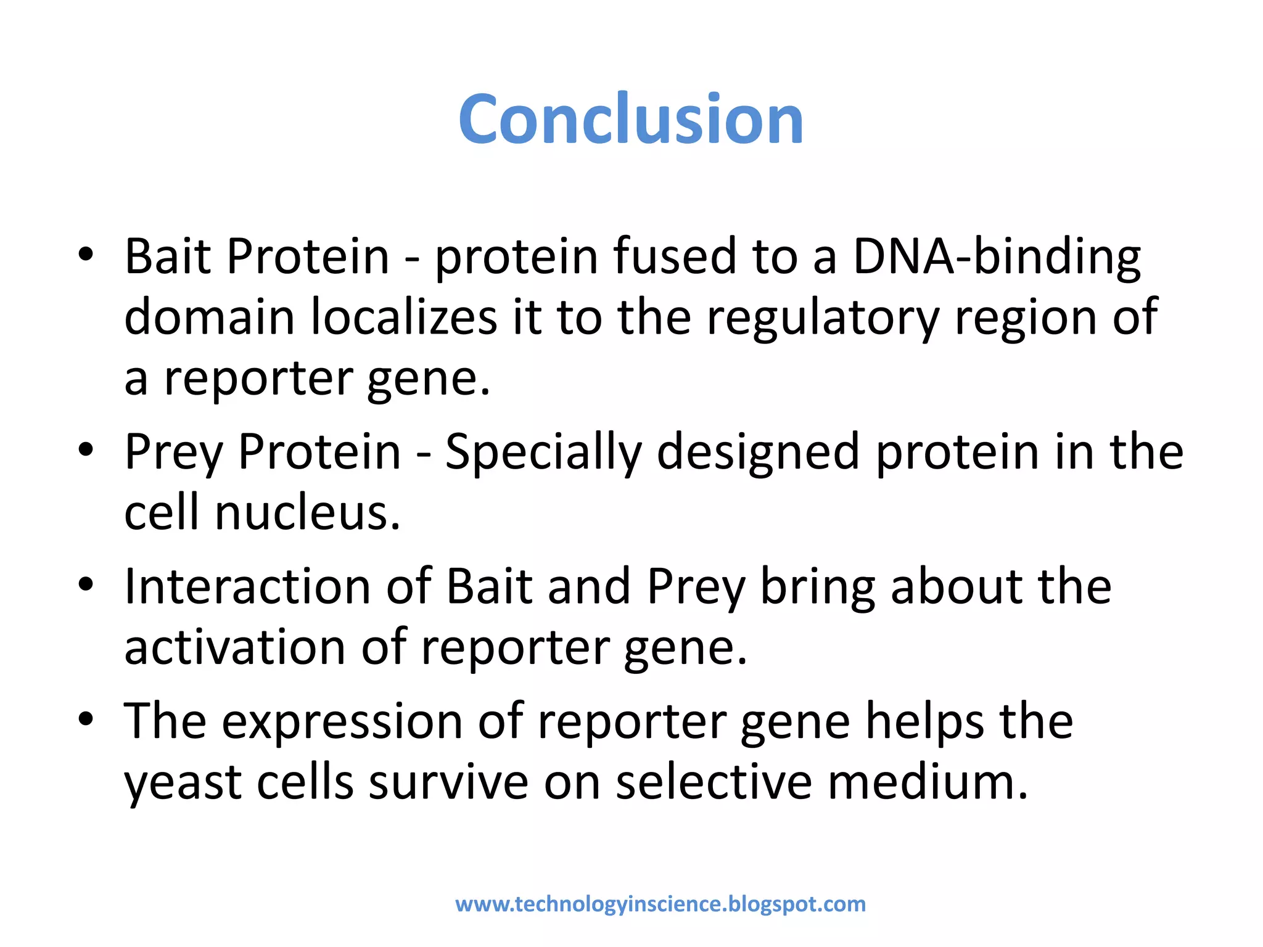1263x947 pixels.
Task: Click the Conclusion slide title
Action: point(630,119)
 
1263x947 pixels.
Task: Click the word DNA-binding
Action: point(997,256)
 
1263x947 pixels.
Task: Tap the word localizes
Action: point(403,317)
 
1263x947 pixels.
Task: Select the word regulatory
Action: point(823,317)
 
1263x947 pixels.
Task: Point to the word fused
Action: point(675,256)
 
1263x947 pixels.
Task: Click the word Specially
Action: point(543,452)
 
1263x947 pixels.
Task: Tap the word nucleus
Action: point(307,513)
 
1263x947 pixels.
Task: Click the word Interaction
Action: point(247,586)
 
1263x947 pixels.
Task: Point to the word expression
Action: point(342,721)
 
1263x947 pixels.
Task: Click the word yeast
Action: point(183,783)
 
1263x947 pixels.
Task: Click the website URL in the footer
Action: point(660,904)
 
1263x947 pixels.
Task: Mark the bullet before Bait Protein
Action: point(86,254)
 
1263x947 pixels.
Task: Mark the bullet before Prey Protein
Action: point(86,449)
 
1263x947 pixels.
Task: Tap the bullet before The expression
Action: point(86,719)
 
